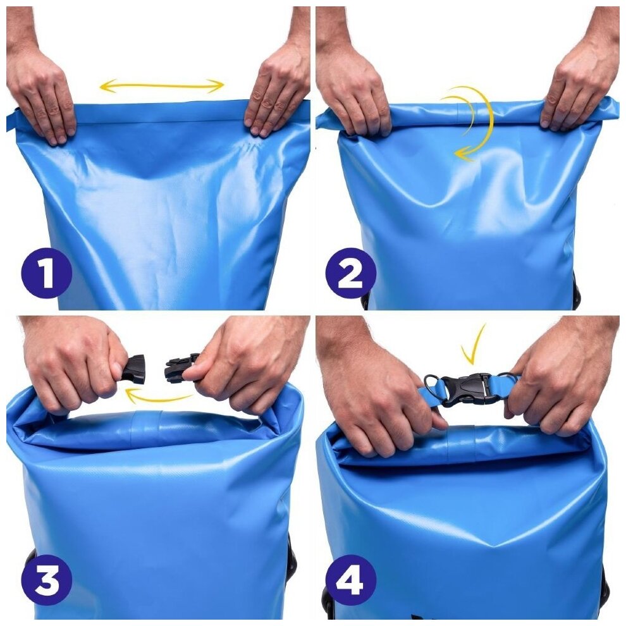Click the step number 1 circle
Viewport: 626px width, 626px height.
tap(46, 273)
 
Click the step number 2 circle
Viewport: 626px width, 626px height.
tap(350, 273)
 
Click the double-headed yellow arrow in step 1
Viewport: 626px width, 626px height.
tap(161, 85)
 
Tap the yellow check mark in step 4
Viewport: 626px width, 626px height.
tap(474, 347)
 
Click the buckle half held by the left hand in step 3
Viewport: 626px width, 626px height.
tap(134, 369)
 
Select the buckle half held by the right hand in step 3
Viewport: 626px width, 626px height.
tap(180, 368)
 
